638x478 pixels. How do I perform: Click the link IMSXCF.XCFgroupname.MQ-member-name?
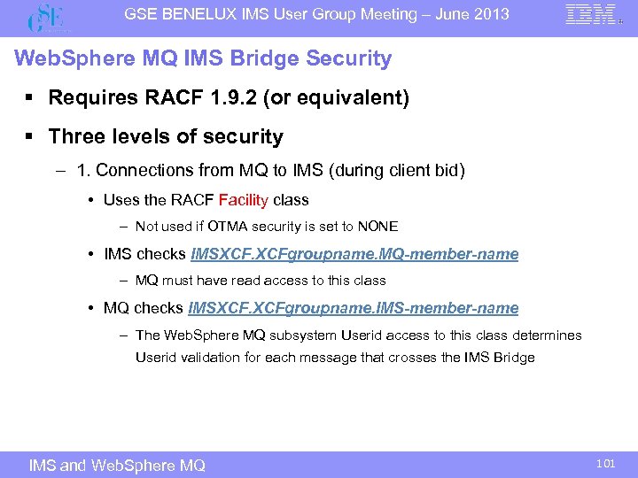pos(354,254)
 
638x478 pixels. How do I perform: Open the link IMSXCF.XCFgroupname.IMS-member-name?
pos(354,308)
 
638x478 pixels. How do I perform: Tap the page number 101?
pos(606,462)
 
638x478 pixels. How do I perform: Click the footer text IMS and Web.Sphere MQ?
pos(117,465)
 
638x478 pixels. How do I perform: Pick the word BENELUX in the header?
pos(209,14)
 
